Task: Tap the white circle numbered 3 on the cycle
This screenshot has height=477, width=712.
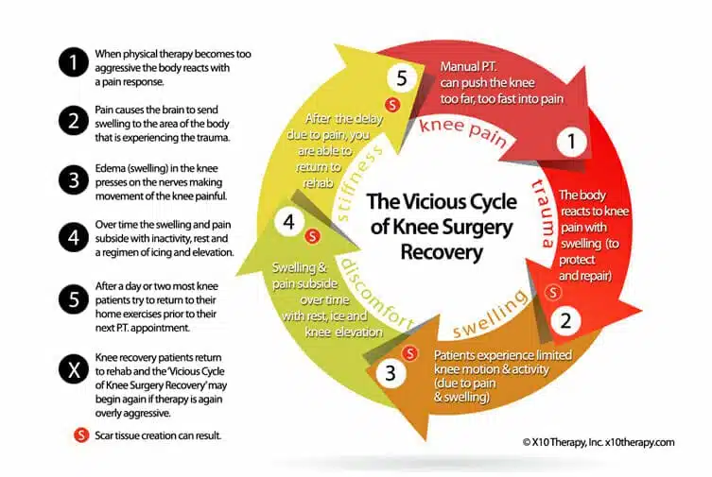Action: (391, 372)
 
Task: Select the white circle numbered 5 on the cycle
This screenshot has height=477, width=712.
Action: (402, 79)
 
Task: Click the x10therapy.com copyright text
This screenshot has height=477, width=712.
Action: (596, 441)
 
